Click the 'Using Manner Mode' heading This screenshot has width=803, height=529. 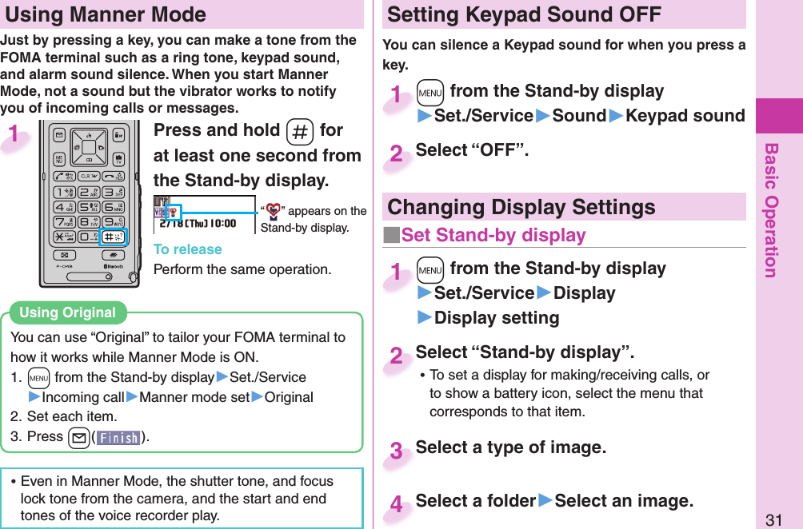106,14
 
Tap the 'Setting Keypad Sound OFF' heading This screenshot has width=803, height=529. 524,14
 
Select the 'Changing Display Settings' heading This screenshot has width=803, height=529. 521,207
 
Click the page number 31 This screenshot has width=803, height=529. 773,519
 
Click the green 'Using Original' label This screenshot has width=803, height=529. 67,312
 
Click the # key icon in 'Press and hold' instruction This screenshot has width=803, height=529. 298,131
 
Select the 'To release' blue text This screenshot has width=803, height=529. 187,249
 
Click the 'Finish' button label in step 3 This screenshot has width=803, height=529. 118,437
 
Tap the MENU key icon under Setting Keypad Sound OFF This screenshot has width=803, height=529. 429,92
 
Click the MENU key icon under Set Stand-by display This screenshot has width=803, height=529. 429,268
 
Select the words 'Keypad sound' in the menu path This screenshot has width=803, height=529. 685,116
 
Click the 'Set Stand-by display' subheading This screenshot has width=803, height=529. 493,235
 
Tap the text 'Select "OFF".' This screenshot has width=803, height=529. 472,150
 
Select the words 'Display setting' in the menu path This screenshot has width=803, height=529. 496,318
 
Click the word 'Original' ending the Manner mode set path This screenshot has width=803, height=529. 289,397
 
